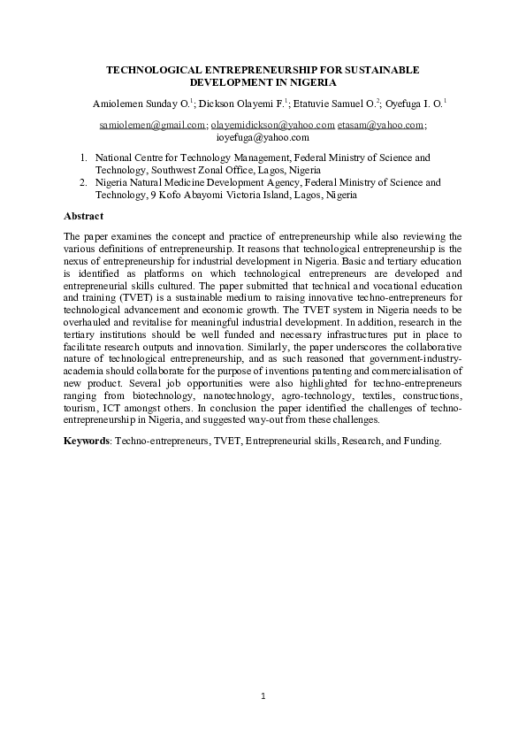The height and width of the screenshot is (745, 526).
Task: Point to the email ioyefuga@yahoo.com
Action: pyautogui.click(x=263, y=138)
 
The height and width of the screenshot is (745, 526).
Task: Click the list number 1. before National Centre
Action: pyautogui.click(x=83, y=157)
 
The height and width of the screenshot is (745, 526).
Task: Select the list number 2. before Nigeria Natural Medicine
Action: pyautogui.click(x=83, y=183)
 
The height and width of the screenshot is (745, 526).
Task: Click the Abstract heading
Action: pyautogui.click(x=84, y=216)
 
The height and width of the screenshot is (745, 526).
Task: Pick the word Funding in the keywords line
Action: pyautogui.click(x=421, y=440)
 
